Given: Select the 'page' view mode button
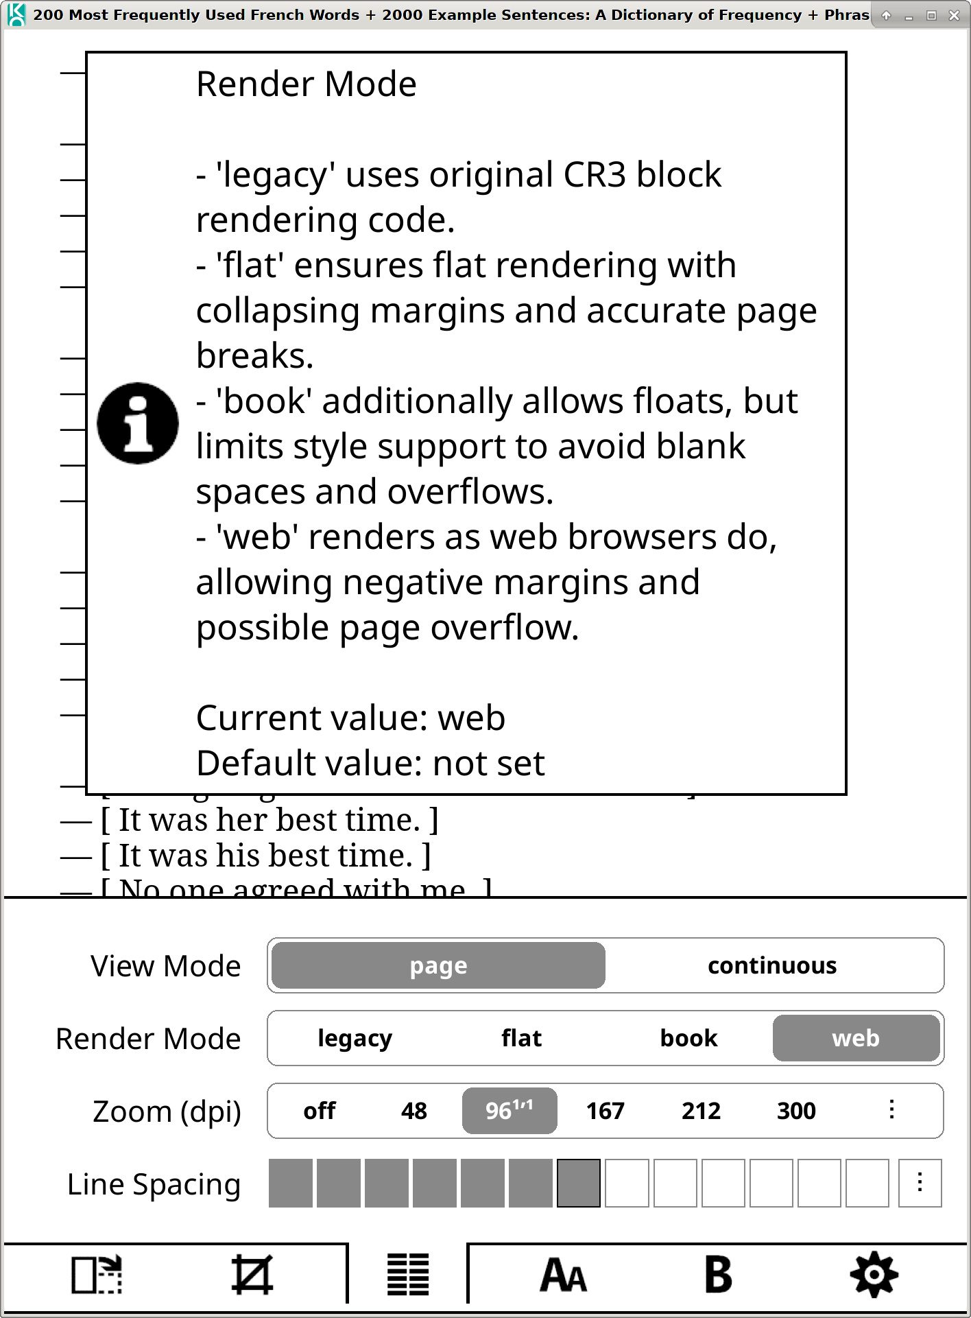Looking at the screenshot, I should (438, 966).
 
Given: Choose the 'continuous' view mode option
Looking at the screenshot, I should (772, 966).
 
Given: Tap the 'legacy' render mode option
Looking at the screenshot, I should (355, 1039).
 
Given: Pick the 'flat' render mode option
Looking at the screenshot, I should (521, 1039).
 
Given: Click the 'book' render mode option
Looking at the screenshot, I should (688, 1039).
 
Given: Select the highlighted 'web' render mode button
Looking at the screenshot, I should (855, 1039).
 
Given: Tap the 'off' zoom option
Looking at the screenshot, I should (320, 1111).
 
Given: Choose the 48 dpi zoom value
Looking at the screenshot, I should (414, 1111).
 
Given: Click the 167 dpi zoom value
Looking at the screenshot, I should (605, 1111).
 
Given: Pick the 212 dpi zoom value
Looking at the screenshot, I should (701, 1111).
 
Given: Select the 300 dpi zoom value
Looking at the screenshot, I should (796, 1111).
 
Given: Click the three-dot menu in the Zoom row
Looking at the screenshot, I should (891, 1110).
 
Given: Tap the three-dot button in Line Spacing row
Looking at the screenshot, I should (920, 1183).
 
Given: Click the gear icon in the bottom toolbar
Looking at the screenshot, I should (874, 1275).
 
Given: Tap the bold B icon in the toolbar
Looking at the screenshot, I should (718, 1275).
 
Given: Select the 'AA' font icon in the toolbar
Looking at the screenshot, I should (563, 1275).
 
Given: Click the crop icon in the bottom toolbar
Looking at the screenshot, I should (252, 1275).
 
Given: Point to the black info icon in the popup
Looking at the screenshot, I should (138, 423).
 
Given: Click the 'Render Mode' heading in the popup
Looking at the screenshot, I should (307, 84).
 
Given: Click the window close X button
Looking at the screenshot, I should (954, 15).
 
